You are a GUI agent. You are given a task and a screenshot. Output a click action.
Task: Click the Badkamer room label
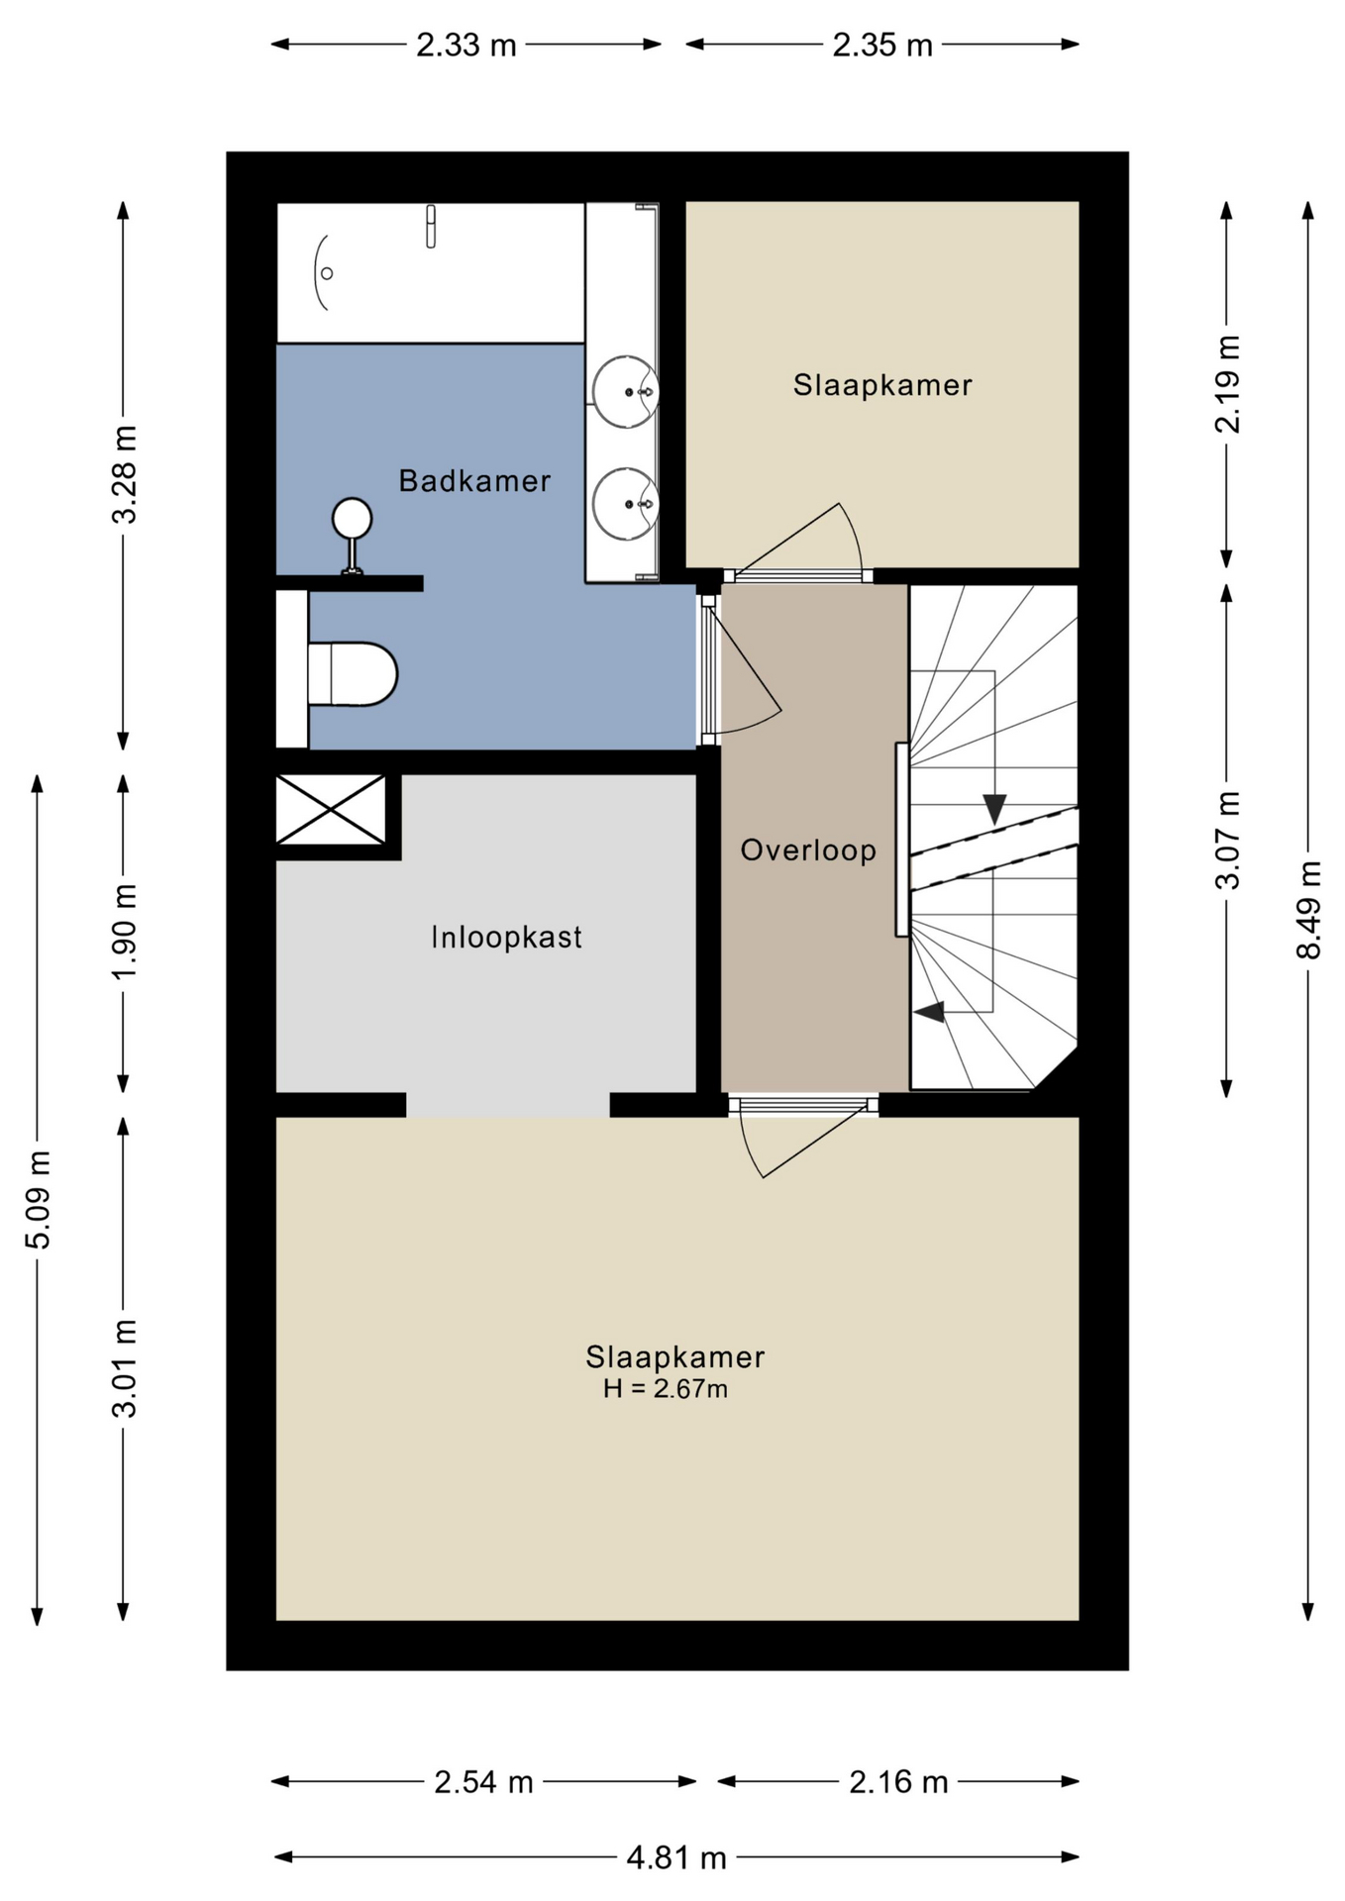[474, 481]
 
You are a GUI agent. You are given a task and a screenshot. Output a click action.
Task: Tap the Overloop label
[808, 850]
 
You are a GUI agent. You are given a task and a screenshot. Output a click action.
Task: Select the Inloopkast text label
[506, 937]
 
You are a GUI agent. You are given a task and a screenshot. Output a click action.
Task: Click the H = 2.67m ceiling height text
[666, 1389]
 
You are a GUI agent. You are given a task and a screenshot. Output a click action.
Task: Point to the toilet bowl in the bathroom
[354, 674]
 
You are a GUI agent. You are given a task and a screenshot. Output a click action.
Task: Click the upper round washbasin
[625, 392]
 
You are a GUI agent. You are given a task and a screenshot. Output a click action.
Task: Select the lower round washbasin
[625, 504]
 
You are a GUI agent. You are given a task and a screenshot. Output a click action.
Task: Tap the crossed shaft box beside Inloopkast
[330, 810]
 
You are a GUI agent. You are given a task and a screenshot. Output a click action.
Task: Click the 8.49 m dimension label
[1308, 910]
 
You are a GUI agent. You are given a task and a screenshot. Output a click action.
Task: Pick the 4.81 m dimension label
[676, 1857]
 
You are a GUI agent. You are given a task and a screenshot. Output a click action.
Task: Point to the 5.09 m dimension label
[38, 1200]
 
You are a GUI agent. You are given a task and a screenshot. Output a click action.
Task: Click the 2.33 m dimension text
[466, 45]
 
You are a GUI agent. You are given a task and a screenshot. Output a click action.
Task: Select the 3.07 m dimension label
[1227, 841]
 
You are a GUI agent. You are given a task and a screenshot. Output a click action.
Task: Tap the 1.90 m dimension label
[124, 932]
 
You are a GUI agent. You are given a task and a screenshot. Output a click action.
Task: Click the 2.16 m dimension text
[898, 1782]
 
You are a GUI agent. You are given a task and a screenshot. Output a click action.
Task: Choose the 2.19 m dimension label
[1227, 384]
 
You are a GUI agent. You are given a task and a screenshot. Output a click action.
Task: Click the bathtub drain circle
[327, 273]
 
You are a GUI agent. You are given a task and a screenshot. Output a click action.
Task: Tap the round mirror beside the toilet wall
[352, 518]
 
